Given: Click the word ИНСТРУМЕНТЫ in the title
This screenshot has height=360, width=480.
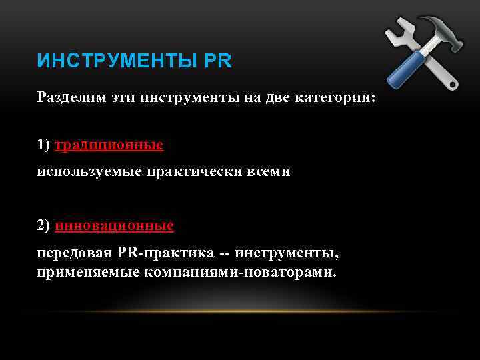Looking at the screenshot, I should coord(117,62).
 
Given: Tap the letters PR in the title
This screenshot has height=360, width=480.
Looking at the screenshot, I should coord(218,62).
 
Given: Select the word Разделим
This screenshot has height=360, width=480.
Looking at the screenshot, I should coord(66,98).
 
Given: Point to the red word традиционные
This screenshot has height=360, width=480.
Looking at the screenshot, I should coord(109,145).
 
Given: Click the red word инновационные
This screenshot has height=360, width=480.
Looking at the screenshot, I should coord(115,226).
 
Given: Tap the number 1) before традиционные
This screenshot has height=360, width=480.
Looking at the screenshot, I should coord(44,145).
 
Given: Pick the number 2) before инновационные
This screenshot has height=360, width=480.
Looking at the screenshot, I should coord(44,226).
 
